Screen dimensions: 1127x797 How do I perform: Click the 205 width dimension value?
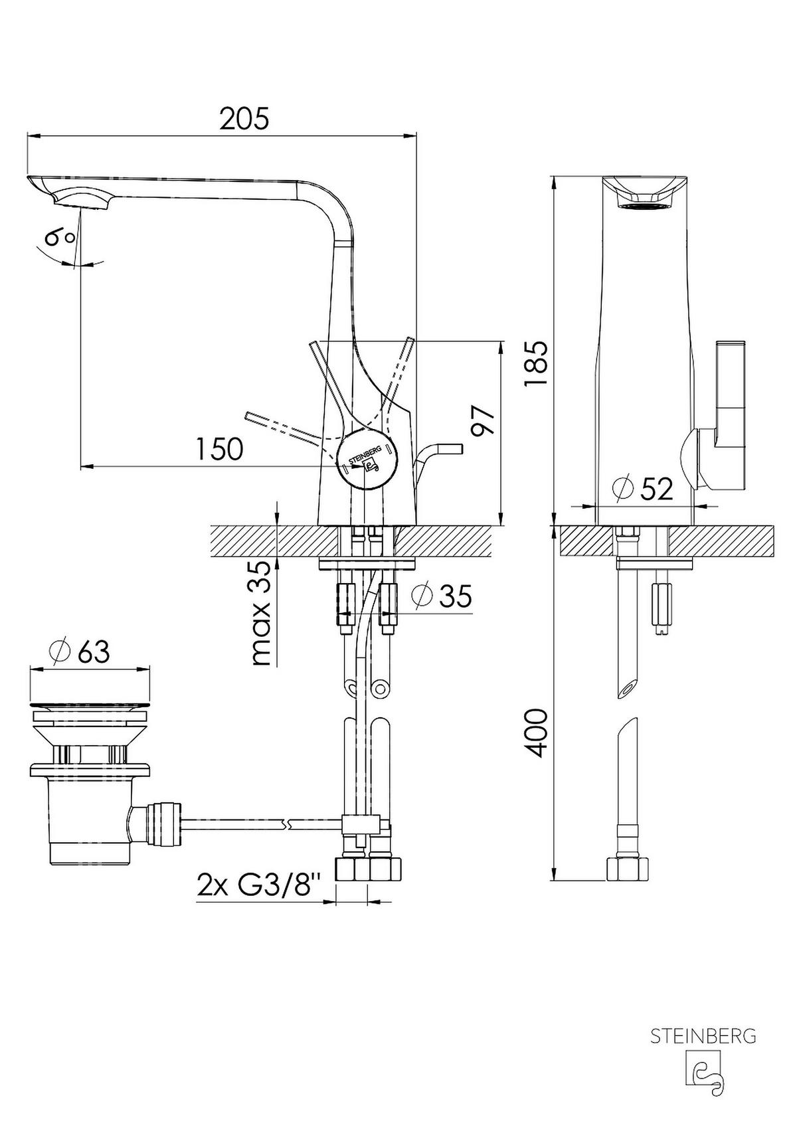(x=244, y=119)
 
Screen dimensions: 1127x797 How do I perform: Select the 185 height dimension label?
(x=535, y=364)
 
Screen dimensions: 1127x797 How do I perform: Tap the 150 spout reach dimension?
(x=219, y=450)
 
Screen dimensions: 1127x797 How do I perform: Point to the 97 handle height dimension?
(x=484, y=420)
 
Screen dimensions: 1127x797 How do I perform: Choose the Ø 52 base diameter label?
(x=643, y=489)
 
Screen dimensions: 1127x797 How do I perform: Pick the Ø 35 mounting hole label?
(x=442, y=596)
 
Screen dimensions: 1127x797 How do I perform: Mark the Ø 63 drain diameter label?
(x=80, y=651)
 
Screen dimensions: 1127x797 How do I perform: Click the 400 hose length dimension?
(x=535, y=732)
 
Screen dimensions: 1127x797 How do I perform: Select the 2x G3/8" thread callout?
(x=259, y=885)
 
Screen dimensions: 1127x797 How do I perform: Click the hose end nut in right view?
(x=628, y=869)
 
